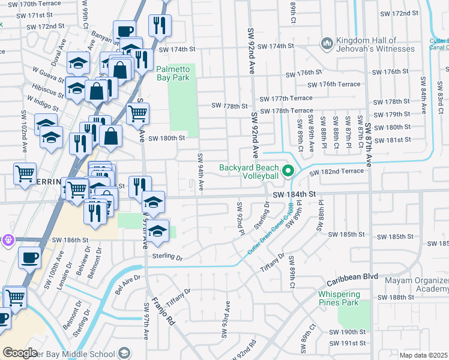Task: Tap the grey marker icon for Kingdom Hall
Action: (x=327, y=43)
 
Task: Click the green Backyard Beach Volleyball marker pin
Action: (x=288, y=172)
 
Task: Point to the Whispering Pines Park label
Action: (x=339, y=298)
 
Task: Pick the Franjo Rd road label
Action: (x=163, y=311)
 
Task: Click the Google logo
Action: (x=20, y=352)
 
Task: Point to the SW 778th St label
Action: (x=229, y=106)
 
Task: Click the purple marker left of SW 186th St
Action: (x=7, y=240)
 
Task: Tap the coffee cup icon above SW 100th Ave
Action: (x=28, y=259)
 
